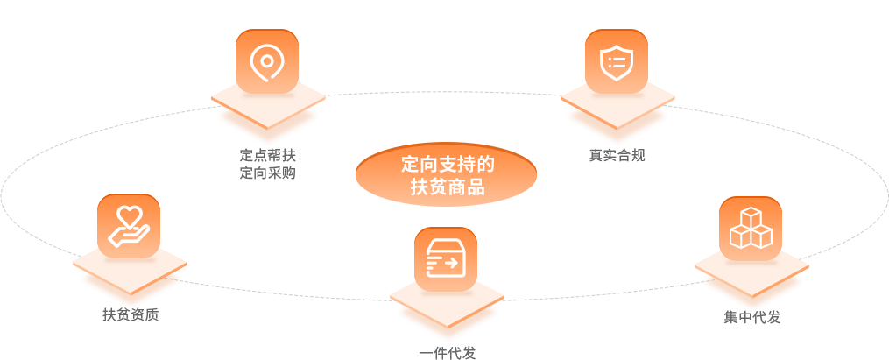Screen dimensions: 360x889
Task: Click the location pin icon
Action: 264,62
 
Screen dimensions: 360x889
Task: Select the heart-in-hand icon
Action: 129,224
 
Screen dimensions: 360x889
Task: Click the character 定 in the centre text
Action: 410,165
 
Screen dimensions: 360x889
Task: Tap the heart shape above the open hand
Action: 130,214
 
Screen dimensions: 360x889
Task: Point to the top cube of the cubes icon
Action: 751,216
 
